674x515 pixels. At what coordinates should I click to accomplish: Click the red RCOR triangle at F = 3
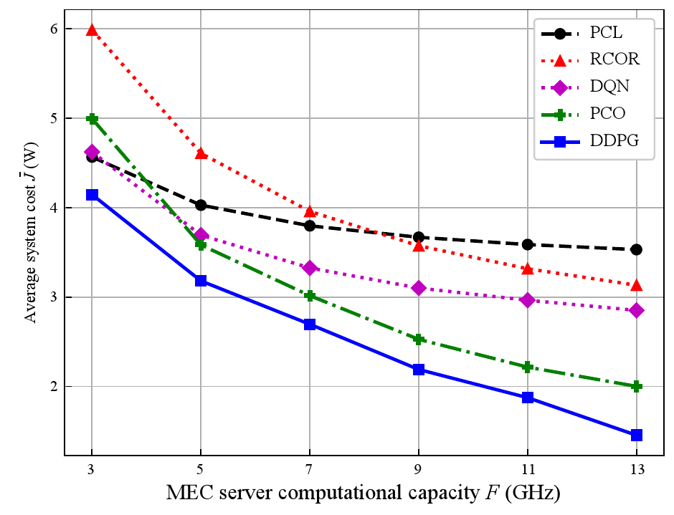(92, 30)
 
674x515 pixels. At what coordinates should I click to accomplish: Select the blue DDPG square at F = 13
(636, 435)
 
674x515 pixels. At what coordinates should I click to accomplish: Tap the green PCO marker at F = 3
(92, 119)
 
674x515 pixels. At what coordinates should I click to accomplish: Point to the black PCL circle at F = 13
(636, 249)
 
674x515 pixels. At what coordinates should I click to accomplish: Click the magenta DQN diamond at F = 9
(419, 288)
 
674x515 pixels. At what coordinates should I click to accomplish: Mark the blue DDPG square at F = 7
(310, 324)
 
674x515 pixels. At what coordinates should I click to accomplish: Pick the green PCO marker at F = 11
(528, 367)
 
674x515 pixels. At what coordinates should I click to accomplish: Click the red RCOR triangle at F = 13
(636, 285)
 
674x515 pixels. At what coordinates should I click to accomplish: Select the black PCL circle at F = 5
(201, 206)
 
